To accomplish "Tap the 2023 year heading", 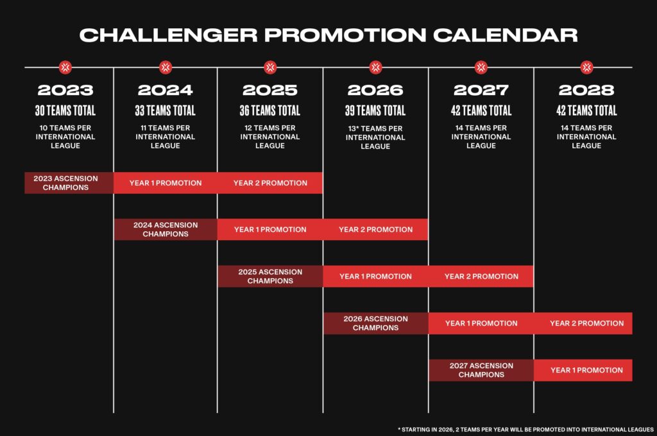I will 65,90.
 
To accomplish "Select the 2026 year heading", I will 375,90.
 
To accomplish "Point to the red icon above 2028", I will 586,67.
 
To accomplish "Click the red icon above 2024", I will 166,67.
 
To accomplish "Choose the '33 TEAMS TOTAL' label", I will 166,110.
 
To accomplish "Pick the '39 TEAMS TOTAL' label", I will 375,110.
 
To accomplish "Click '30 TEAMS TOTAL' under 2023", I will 65,110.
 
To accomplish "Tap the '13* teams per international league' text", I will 375,137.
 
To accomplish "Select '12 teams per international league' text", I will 270,137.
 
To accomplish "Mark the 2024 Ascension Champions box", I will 166,229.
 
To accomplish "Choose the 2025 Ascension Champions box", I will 270,276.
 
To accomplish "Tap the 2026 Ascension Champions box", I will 375,323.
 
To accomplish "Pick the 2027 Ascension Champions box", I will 481,370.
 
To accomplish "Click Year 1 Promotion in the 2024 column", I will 166,183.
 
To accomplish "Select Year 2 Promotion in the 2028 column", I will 586,323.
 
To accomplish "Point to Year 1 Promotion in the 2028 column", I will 586,370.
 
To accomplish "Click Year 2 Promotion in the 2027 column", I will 481,276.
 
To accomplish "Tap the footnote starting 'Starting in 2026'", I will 525,429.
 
